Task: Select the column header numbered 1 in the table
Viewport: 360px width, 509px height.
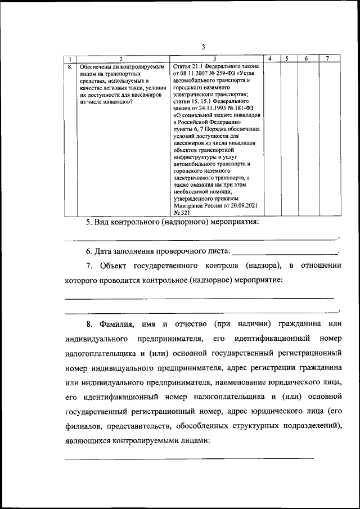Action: pyautogui.click(x=69, y=59)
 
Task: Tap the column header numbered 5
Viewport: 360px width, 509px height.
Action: pyautogui.click(x=287, y=59)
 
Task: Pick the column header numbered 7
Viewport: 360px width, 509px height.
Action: pyautogui.click(x=327, y=59)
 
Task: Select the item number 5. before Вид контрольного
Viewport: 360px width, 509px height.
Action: pyautogui.click(x=89, y=223)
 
